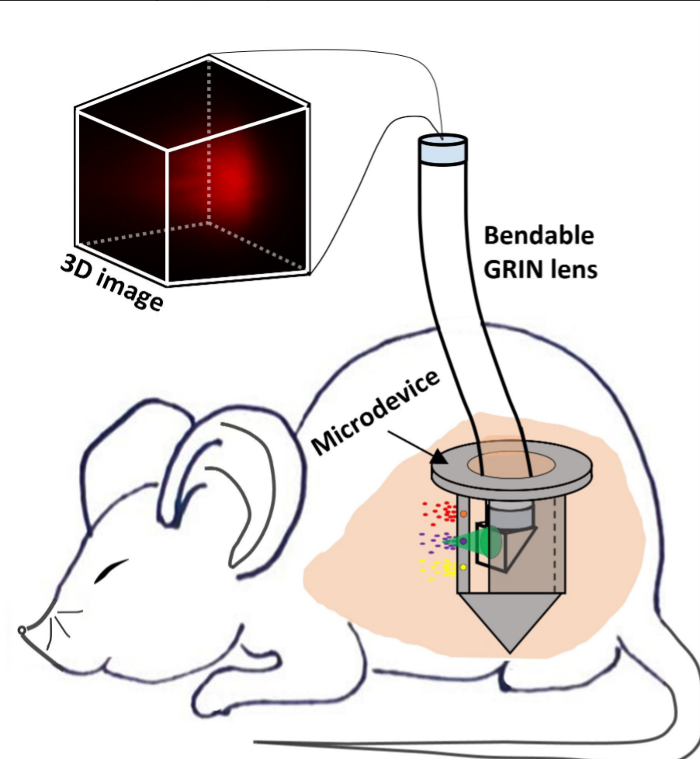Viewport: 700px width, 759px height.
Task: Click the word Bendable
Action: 539,236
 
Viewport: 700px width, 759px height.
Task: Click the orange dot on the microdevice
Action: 463,514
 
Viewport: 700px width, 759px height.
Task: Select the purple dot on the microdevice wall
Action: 463,541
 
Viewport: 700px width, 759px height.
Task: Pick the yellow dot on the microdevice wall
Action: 463,567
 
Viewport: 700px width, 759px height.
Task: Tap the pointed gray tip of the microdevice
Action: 510,652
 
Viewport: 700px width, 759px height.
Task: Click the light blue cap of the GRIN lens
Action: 442,148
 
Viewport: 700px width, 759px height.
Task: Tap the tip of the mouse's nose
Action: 22,630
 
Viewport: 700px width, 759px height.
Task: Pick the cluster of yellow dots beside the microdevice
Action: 438,569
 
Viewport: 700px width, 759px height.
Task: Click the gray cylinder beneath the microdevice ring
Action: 510,514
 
